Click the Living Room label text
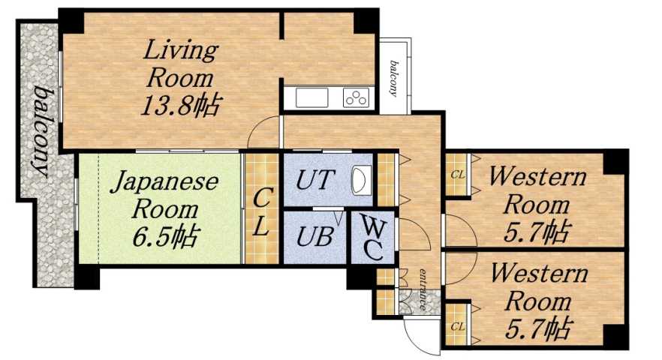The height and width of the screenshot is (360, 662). click(x=180, y=64)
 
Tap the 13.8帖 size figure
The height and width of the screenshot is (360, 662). click(x=180, y=105)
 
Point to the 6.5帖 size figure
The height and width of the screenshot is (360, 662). click(x=164, y=237)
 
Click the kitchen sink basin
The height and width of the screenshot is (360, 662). click(x=308, y=97)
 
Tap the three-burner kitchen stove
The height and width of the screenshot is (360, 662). click(x=357, y=97)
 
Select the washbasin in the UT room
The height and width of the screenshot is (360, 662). click(x=361, y=181)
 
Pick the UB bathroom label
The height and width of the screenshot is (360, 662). click(x=313, y=237)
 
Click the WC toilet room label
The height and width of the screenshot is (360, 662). click(x=372, y=238)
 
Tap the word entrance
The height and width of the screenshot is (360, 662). click(x=423, y=288)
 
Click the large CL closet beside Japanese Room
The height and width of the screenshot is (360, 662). click(x=261, y=212)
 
